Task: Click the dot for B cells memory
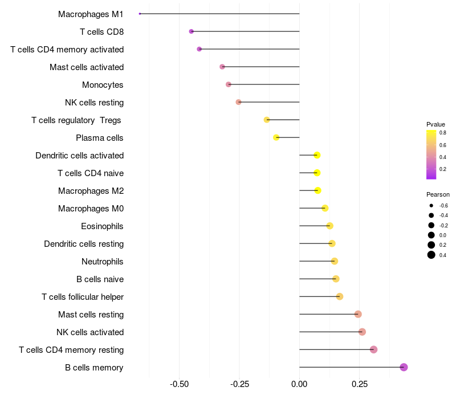[404, 367]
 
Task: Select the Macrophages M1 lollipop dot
[140, 14]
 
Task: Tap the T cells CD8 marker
[191, 31]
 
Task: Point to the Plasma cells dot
[276, 137]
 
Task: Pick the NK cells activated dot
[362, 332]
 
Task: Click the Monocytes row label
[103, 85]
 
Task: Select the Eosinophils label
[102, 226]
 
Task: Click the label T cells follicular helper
[83, 297]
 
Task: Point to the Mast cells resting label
[91, 315]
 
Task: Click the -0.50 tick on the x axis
[180, 384]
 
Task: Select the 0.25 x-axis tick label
[359, 384]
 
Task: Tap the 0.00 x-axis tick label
[299, 384]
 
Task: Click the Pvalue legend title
[435, 124]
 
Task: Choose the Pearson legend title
[438, 194]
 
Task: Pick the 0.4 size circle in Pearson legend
[431, 255]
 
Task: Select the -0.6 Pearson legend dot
[431, 205]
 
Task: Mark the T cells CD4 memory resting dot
[373, 349]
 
